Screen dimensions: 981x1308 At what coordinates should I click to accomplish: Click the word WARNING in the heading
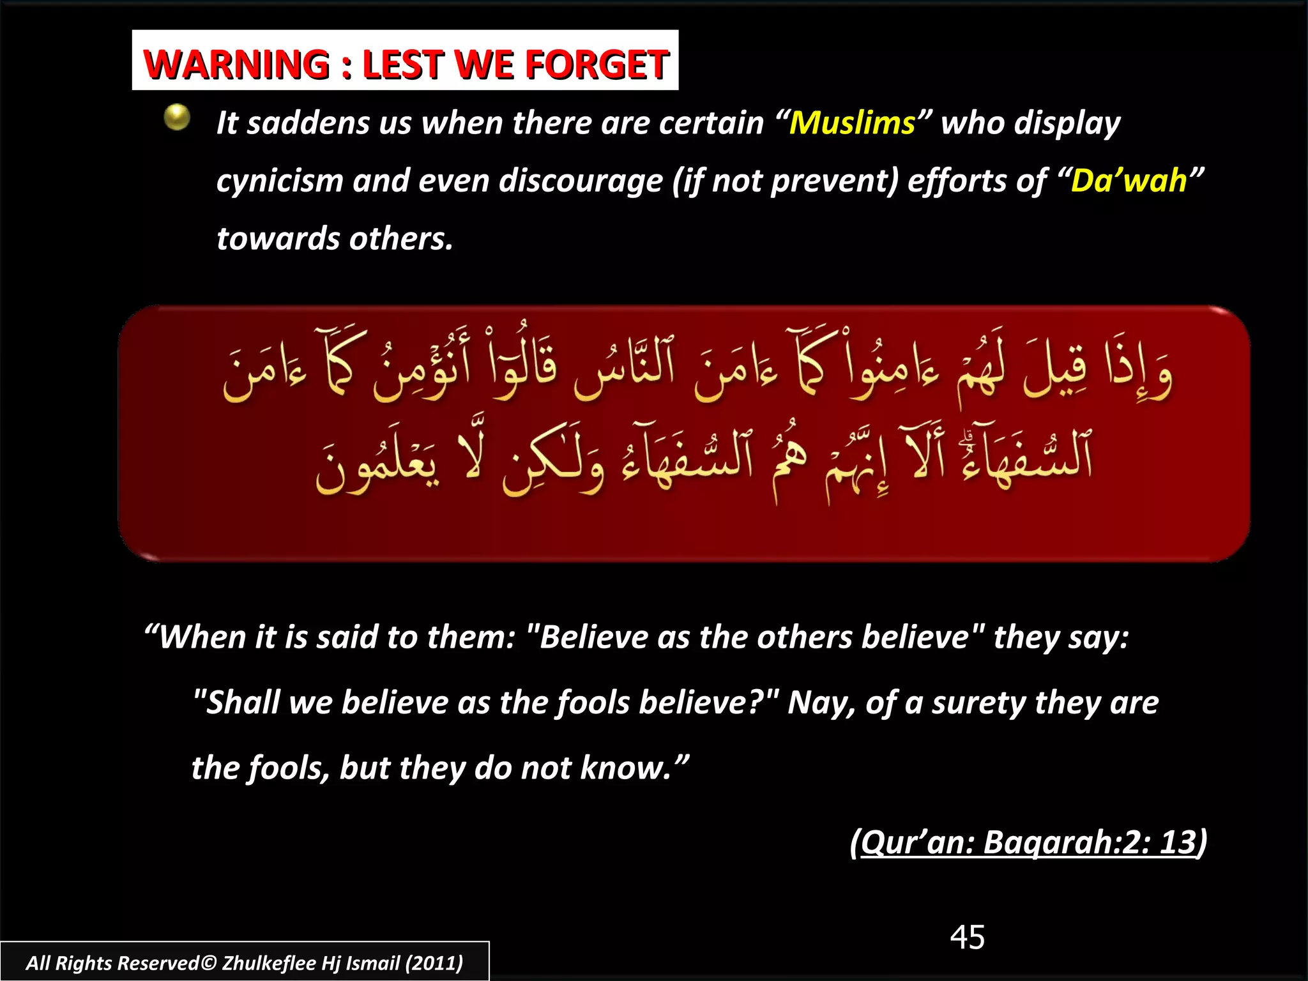[x=236, y=65]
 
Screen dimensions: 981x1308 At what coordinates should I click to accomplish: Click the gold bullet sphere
[x=177, y=118]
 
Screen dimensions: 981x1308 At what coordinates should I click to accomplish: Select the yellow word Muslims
[x=852, y=123]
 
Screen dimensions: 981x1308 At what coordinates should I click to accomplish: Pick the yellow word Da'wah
[x=1129, y=181]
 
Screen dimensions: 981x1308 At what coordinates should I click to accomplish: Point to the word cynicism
[x=279, y=181]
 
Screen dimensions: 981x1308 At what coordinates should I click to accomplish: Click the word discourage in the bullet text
[x=581, y=181]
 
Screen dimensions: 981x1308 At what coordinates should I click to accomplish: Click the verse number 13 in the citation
[x=1177, y=842]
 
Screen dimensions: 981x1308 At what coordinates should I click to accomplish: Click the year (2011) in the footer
[x=434, y=963]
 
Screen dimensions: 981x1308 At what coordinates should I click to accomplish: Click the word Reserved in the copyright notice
[x=158, y=963]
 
